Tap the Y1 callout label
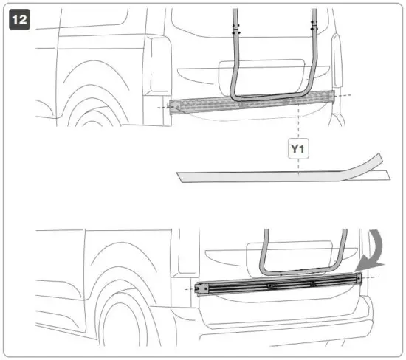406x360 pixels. [x=297, y=150]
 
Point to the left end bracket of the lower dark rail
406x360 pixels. [x=198, y=288]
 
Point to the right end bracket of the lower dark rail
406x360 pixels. [x=359, y=279]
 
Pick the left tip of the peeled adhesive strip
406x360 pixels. [x=181, y=176]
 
